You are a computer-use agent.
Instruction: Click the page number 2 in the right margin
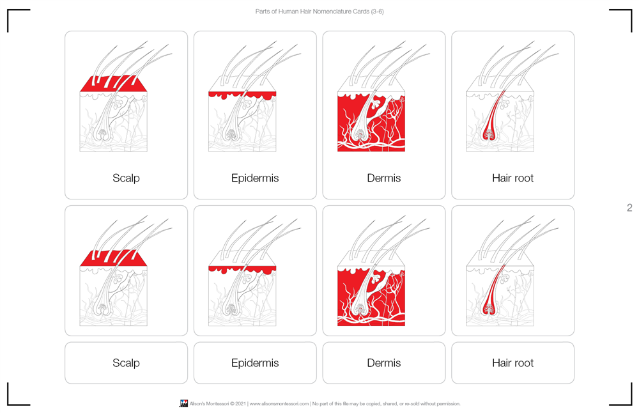click(x=629, y=208)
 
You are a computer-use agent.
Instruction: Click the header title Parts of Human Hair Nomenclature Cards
click(x=319, y=12)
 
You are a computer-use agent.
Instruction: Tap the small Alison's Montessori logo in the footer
click(x=183, y=403)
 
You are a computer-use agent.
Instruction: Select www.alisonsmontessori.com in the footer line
click(x=279, y=404)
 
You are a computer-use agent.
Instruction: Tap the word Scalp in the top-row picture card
click(x=126, y=178)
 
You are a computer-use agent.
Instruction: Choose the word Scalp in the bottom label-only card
click(x=126, y=363)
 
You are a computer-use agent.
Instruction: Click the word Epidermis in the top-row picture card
click(x=255, y=178)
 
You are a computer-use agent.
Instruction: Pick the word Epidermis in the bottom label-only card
click(x=255, y=363)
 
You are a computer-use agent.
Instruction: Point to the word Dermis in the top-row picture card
click(x=383, y=178)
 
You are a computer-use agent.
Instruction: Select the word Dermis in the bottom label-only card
click(x=383, y=363)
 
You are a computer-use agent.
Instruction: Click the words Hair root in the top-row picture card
click(x=512, y=178)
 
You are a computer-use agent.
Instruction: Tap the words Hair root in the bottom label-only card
click(x=512, y=363)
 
